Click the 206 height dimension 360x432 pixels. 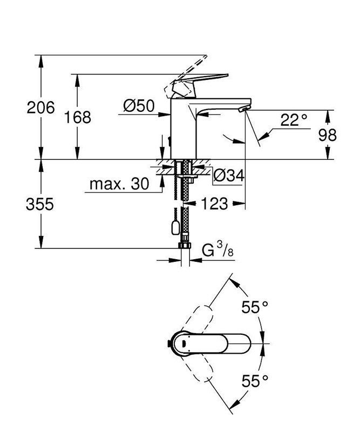click(x=41, y=107)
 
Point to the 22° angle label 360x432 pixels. click(x=294, y=120)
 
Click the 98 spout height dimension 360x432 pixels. click(x=327, y=134)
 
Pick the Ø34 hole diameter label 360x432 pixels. click(x=229, y=175)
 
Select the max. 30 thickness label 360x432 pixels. click(x=119, y=185)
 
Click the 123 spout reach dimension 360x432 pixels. click(x=215, y=204)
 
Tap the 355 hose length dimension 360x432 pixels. click(x=41, y=205)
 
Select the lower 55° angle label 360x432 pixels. click(x=255, y=381)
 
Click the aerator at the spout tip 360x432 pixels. click(x=243, y=110)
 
